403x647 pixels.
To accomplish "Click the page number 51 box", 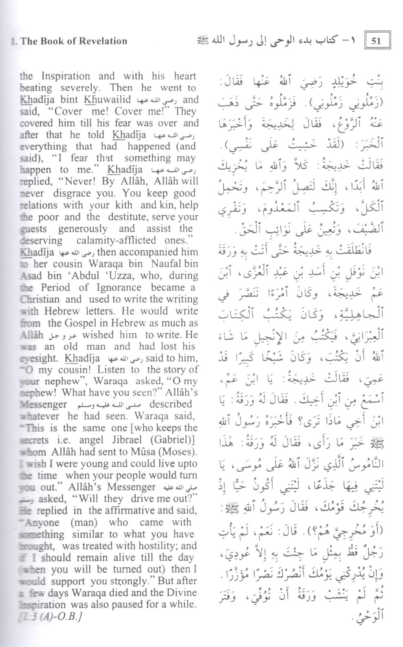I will (377, 40).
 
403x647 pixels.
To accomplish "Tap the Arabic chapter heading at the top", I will (277, 40).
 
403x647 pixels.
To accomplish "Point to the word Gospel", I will (82, 323).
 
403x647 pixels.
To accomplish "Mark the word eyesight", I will (39, 359).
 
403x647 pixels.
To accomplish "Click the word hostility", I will (155, 546).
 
